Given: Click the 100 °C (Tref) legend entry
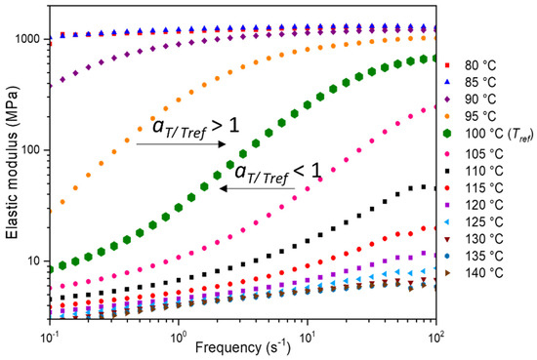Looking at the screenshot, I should (493, 132).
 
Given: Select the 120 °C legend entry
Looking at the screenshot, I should (485, 201).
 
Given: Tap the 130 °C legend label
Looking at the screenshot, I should (485, 238).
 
